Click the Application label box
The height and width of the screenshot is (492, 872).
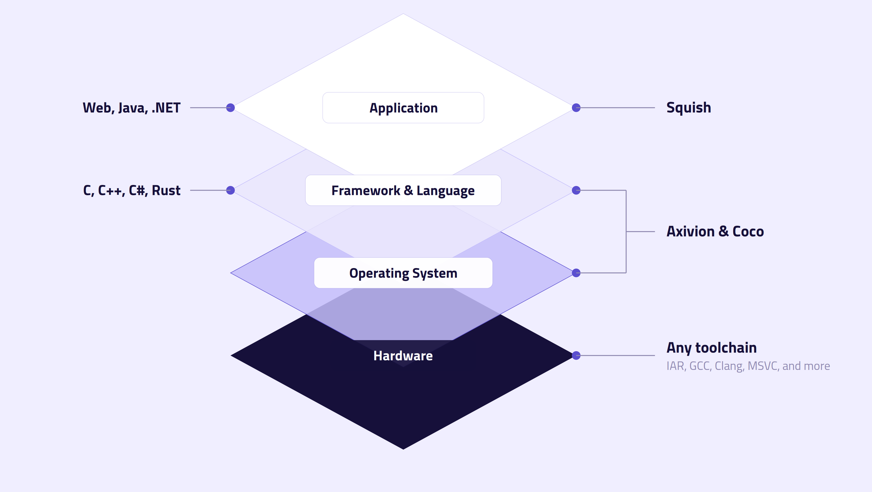403,108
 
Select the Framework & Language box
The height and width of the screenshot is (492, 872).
403,190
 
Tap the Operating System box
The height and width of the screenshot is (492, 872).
403,273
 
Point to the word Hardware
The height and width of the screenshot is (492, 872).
403,356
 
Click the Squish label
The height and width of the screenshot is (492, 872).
689,108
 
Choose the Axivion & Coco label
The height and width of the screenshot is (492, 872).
715,232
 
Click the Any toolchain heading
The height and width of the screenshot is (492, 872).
711,348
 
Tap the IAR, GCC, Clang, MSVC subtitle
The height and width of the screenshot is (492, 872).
748,366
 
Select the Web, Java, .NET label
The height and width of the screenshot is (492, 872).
132,108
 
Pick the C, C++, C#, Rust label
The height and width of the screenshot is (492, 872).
132,191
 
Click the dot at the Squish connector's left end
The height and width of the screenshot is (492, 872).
576,108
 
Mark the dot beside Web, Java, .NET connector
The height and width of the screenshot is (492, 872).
231,108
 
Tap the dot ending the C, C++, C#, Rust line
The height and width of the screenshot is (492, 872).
231,190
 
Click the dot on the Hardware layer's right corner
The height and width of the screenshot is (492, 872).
576,356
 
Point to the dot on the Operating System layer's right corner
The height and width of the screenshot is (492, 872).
576,273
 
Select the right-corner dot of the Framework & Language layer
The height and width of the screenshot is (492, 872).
576,190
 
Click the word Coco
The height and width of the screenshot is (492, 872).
748,232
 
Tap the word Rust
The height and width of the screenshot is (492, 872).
166,191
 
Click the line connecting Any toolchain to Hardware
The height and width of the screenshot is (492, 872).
616,356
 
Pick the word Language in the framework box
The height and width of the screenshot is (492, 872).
445,191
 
